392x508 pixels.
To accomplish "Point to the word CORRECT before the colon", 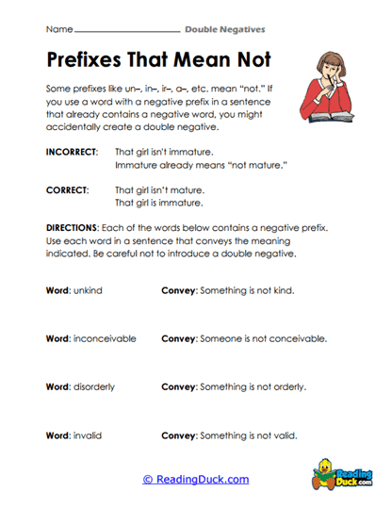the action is point(66,189).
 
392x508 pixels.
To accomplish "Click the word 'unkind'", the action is point(92,290).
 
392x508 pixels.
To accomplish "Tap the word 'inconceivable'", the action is point(106,338).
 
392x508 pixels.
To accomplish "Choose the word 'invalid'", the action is point(92,435).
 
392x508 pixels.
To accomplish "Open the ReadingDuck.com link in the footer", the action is point(195,480).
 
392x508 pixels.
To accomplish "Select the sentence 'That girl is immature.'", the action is point(159,203).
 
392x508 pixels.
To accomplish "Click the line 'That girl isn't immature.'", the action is point(163,152).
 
